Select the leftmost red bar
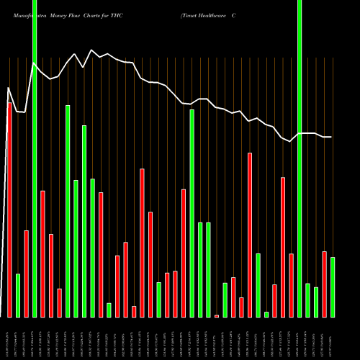tap(9, 210)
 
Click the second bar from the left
tap(18, 295)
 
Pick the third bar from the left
tap(26, 274)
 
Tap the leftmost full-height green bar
tap(35, 158)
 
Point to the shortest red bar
tap(217, 315)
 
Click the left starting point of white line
tap(8, 89)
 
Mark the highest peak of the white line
tap(91, 50)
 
